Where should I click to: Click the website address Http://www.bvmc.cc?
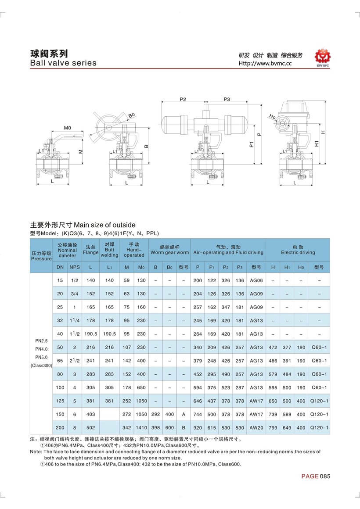(x=265, y=63)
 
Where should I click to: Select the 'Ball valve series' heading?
(x=63, y=63)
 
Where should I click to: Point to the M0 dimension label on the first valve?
(x=68, y=128)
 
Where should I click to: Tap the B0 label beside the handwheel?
(x=131, y=115)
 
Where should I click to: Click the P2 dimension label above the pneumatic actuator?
(x=183, y=100)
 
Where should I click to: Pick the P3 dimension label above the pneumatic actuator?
(x=227, y=100)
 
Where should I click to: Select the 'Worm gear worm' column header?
(x=169, y=250)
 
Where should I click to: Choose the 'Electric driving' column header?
(x=298, y=250)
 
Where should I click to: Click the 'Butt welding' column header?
(x=109, y=250)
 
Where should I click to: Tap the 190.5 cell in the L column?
(x=90, y=333)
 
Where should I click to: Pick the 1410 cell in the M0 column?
(x=141, y=427)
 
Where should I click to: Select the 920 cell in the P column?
(x=198, y=427)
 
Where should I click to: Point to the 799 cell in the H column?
(x=273, y=427)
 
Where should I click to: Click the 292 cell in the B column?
(x=155, y=414)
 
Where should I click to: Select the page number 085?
(x=325, y=477)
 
